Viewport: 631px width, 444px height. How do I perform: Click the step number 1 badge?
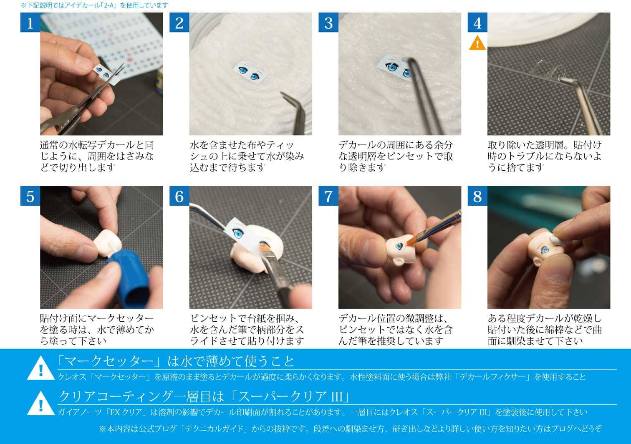[x=30, y=23]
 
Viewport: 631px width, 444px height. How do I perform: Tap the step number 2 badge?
[x=179, y=23]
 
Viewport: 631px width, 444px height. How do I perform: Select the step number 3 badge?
[x=328, y=23]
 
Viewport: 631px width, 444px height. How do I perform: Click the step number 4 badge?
[x=477, y=23]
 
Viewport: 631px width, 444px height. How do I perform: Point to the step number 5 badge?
[x=30, y=196]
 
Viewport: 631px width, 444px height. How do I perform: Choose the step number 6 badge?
[x=179, y=196]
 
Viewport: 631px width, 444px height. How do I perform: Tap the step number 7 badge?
[x=328, y=196]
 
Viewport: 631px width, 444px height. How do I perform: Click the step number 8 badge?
[x=477, y=196]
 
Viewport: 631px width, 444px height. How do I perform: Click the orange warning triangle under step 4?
[x=477, y=43]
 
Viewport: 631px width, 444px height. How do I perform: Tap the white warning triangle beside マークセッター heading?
[x=41, y=368]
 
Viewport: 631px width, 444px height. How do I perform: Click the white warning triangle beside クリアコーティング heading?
[x=41, y=404]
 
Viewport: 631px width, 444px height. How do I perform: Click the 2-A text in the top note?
[x=110, y=5]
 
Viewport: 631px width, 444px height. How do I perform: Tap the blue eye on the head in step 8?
[x=545, y=250]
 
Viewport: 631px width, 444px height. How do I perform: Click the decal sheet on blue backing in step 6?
[x=245, y=233]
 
